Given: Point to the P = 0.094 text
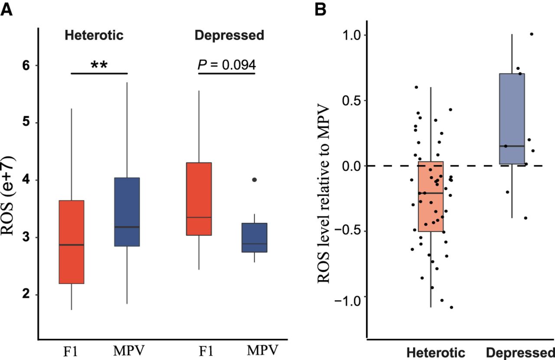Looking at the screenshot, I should [227, 65].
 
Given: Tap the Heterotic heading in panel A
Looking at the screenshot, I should [94, 35].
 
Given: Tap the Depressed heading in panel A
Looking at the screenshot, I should [229, 35].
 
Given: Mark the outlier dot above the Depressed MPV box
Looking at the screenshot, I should [254, 180].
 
